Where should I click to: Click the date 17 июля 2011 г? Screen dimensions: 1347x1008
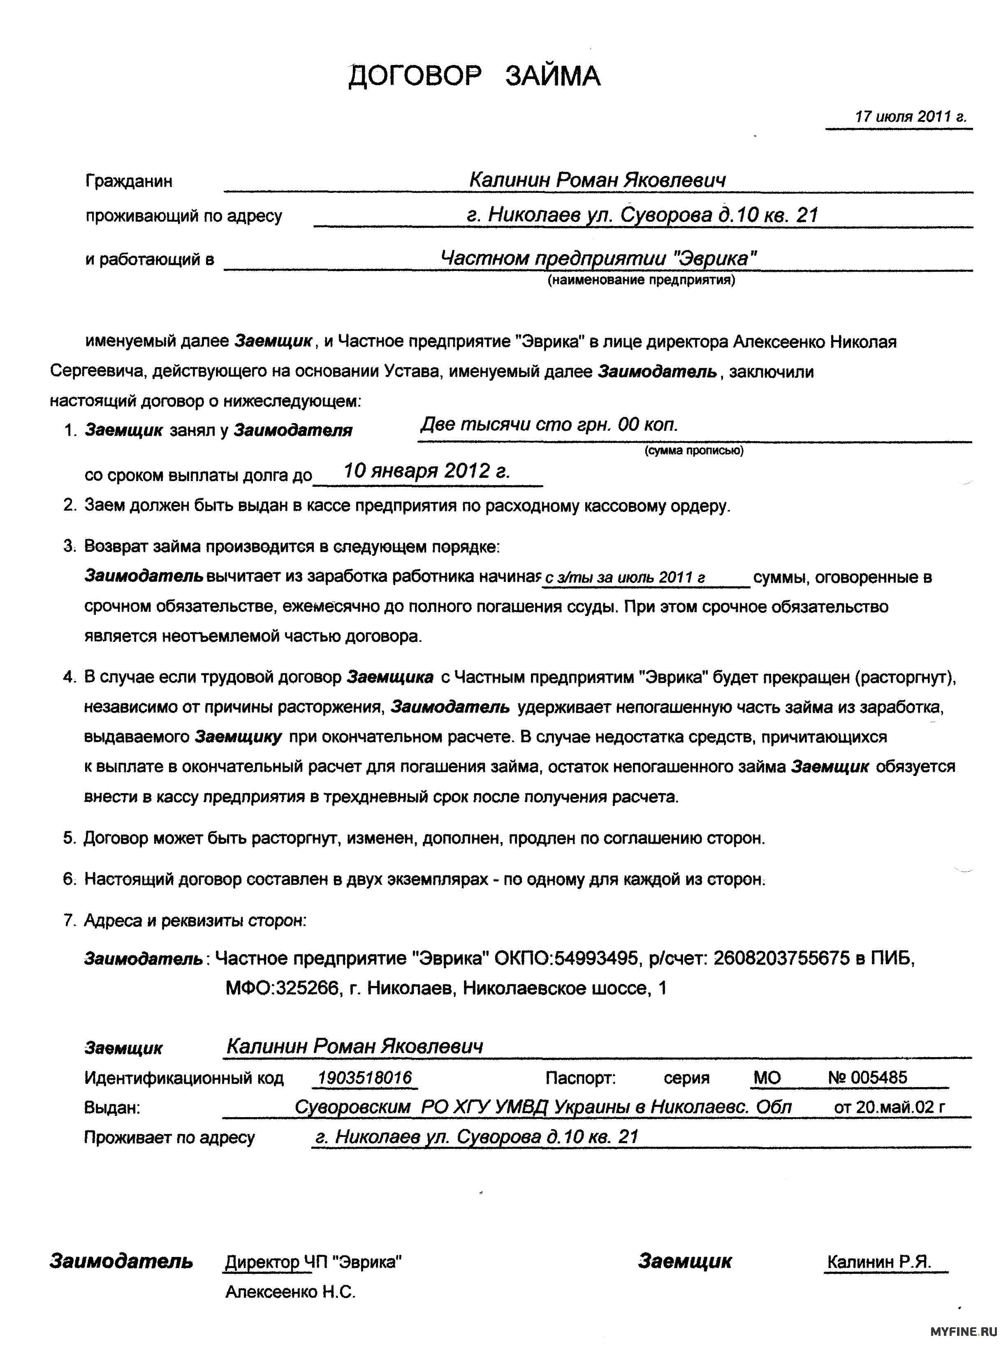click(911, 116)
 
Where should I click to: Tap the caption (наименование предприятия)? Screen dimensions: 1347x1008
click(641, 280)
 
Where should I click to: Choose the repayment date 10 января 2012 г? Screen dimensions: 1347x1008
click(426, 471)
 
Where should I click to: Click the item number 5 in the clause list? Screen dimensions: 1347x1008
click(68, 838)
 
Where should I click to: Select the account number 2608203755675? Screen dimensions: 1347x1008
click(781, 958)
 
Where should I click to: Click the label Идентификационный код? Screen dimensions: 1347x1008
click(184, 1079)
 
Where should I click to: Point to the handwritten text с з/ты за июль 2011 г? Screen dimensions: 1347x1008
click(624, 578)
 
